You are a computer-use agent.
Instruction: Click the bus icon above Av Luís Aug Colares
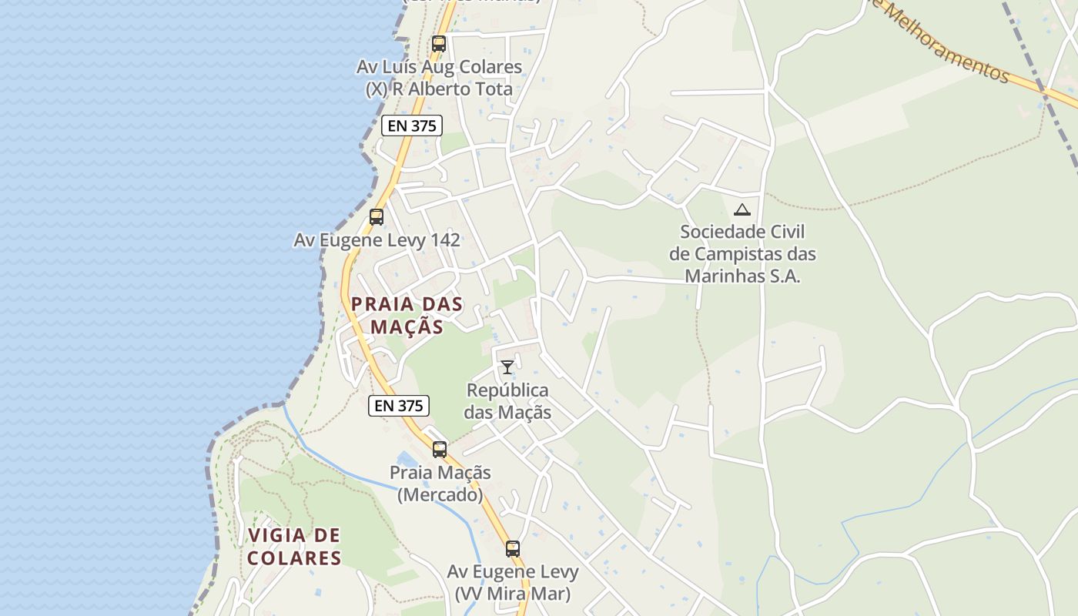[x=439, y=44]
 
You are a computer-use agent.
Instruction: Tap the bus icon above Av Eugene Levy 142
[x=377, y=217]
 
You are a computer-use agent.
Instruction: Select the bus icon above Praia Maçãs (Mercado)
[x=440, y=450]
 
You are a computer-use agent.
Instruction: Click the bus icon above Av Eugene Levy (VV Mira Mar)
[x=513, y=549]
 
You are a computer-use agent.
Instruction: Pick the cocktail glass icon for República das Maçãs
[x=507, y=367]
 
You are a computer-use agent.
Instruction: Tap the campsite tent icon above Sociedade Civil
[x=742, y=209]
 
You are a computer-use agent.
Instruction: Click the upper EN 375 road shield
[x=412, y=126]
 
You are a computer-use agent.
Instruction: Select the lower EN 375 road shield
[x=399, y=406]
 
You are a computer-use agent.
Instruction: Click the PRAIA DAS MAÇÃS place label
[x=407, y=315]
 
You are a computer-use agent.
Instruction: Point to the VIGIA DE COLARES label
[x=294, y=546]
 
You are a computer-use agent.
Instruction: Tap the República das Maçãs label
[x=508, y=401]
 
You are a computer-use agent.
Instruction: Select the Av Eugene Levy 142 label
[x=377, y=240]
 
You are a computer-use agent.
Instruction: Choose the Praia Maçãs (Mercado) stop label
[x=440, y=484]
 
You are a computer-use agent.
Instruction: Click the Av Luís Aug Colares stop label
[x=439, y=78]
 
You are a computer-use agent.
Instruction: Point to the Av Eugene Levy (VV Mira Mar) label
[x=513, y=583]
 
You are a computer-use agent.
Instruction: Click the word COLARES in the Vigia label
[x=294, y=557]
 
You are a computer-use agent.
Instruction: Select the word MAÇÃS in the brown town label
[x=407, y=326]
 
